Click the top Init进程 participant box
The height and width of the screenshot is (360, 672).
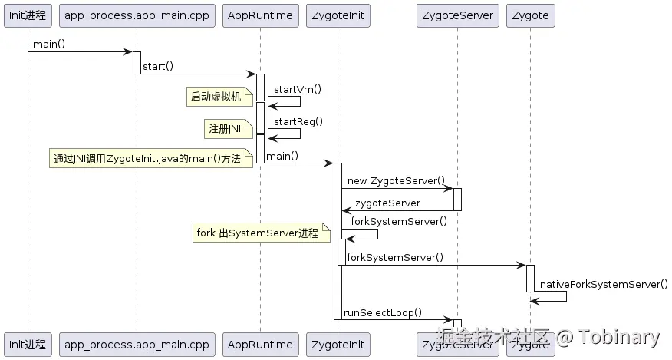click(x=28, y=15)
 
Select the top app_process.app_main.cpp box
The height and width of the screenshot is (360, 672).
click(x=137, y=15)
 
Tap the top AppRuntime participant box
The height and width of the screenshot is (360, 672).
click(x=260, y=15)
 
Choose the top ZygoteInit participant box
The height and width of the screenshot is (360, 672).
click(x=338, y=15)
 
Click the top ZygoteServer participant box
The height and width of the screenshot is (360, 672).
click(x=458, y=15)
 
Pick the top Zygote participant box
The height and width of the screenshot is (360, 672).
click(x=530, y=15)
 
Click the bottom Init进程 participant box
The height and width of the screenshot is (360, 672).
click(x=28, y=345)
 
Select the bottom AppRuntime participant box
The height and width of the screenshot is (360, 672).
click(x=260, y=345)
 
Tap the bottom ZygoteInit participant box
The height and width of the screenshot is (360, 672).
click(x=338, y=345)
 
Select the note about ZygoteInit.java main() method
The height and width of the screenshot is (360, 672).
click(x=150, y=160)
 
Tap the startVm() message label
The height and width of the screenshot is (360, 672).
click(x=298, y=89)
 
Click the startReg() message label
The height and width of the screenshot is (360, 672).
click(x=298, y=121)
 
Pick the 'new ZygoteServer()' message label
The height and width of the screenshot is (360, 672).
click(x=396, y=181)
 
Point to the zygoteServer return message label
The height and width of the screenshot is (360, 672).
click(x=387, y=203)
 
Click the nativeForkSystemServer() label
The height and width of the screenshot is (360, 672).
click(x=604, y=284)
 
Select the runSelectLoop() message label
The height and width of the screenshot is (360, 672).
click(x=383, y=312)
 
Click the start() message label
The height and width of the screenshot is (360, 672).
click(x=158, y=67)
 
